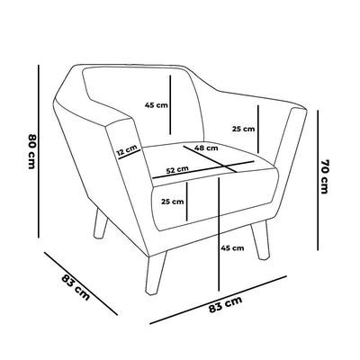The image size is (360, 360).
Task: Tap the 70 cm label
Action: coord(325,176)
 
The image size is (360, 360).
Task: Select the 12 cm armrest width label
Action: coord(127,150)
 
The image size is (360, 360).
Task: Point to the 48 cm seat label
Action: coord(206,148)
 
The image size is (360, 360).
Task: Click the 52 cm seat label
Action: coord(177,170)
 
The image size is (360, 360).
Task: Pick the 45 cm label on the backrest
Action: coord(157,105)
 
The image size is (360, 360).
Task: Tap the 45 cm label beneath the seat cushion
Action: coord(232,248)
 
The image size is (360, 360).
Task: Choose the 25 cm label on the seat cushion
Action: coord(172,202)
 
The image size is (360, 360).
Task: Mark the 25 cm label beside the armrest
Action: coord(243,129)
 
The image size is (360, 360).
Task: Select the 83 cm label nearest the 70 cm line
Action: coord(225,304)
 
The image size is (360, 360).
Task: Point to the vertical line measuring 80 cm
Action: coord(39,151)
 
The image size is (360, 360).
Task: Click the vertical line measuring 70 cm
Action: coord(318,180)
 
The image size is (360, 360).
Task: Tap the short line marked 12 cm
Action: coord(130,154)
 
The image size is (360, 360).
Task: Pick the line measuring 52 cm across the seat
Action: coord(203,170)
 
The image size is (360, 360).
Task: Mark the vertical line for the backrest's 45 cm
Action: coord(170,104)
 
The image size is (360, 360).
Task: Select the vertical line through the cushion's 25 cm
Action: coord(186,201)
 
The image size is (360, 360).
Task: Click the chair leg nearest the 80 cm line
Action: coord(100,224)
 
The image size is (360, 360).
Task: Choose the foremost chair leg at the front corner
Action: coord(156,273)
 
